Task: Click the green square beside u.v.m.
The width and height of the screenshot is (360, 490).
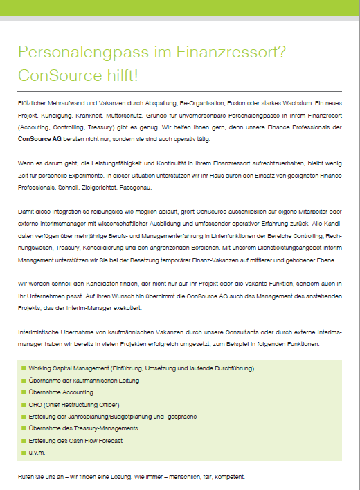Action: click(x=23, y=453)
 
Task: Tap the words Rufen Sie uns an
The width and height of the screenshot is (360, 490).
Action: click(x=41, y=478)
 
